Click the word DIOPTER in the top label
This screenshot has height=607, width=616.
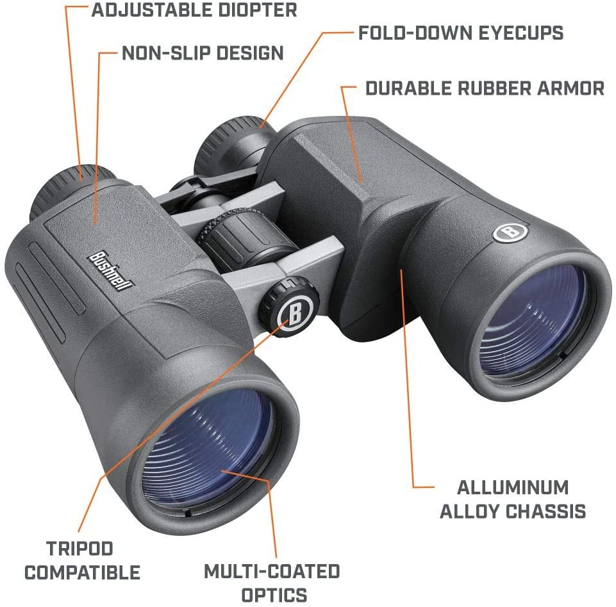[x=258, y=10]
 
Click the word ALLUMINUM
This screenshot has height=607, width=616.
[x=513, y=488]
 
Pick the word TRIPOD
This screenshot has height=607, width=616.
[x=79, y=549]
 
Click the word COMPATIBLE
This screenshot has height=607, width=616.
[x=83, y=572]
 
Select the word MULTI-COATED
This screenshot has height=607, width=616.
[x=272, y=571]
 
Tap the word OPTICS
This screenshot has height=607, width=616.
[x=274, y=595]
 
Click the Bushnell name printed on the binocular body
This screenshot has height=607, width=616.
[x=110, y=271]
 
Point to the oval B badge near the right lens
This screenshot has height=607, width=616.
[x=510, y=232]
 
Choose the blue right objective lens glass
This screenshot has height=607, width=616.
[x=535, y=317]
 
